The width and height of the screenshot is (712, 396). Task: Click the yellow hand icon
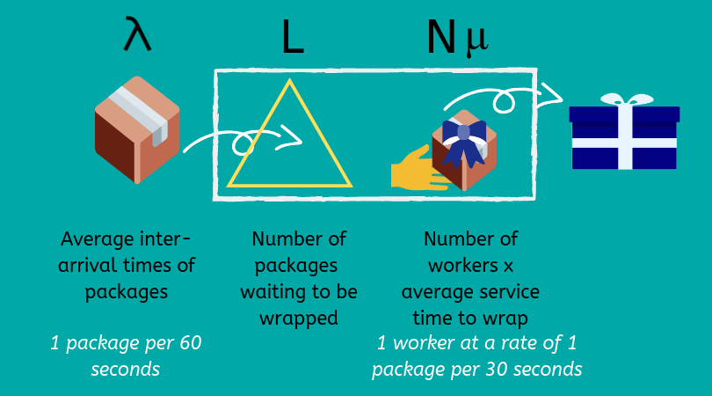coord(415,169)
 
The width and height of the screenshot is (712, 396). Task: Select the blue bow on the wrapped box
coord(463,141)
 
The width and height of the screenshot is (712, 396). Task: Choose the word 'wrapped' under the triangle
coord(298,318)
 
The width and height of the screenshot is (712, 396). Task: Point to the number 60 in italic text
coord(190,343)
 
